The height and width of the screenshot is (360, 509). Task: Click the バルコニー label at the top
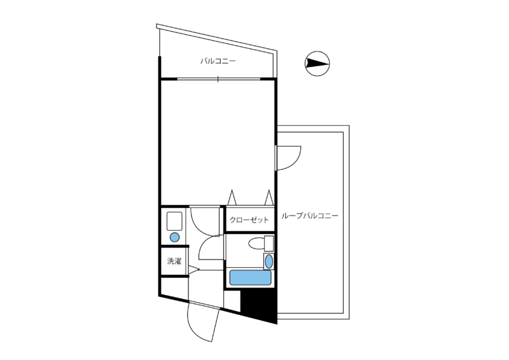pos(218,61)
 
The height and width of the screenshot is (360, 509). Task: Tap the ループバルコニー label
pos(310,216)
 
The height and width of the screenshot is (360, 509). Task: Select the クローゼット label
pos(249,220)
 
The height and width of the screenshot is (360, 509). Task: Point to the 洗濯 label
pos(174,261)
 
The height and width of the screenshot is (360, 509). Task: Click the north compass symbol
pos(317,64)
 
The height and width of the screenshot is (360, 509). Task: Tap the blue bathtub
pos(250,277)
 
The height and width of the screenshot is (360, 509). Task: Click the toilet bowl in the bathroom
pos(256,244)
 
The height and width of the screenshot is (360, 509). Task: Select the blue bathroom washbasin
pos(268,261)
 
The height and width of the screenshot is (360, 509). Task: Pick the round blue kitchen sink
pos(174,237)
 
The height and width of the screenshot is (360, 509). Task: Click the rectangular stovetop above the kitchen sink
pos(174,221)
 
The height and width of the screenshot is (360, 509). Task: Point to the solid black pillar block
pos(259,306)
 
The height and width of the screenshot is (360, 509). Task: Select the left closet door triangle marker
pos(232,197)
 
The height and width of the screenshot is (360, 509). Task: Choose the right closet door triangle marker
pos(268,197)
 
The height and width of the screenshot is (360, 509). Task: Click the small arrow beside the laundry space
pos(193,269)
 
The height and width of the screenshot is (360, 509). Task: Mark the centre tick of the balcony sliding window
pos(218,79)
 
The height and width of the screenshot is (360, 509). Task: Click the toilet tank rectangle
pos(268,244)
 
